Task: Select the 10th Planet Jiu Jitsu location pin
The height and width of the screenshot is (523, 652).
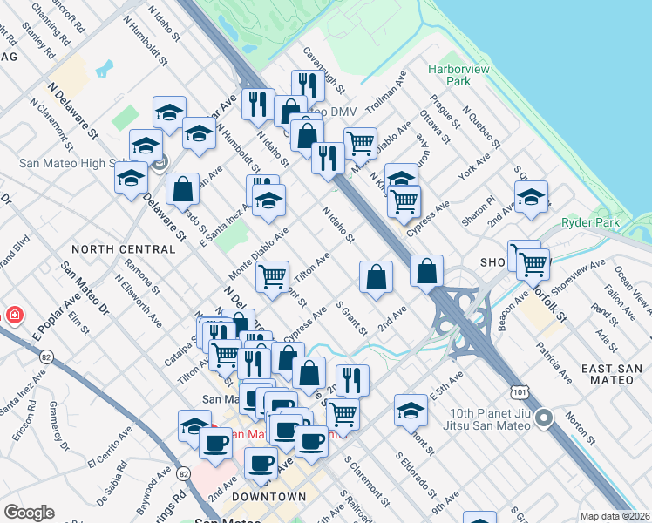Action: point(545,419)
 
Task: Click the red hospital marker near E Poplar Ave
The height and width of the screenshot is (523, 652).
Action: point(15,315)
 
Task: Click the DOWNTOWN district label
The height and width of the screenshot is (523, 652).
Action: point(271,497)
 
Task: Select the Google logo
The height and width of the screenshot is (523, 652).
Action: point(29,513)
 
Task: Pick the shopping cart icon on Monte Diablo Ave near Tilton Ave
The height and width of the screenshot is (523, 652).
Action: point(273,276)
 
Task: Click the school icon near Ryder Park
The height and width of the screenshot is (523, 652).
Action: point(531,197)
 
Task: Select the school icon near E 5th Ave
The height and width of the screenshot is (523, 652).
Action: point(411,408)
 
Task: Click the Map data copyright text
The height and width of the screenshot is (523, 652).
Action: point(615,516)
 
